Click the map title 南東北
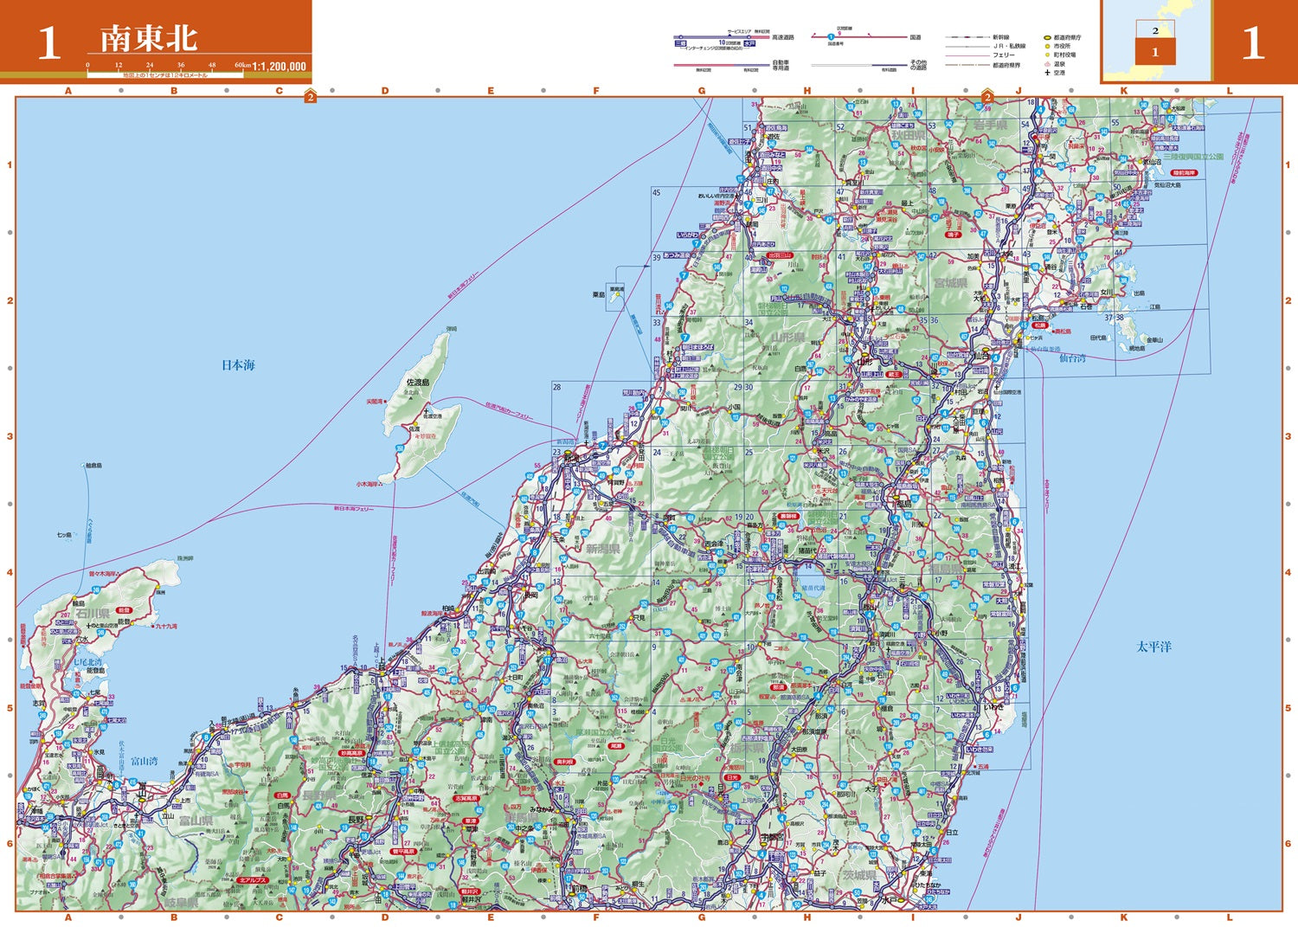148,39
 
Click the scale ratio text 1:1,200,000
279,66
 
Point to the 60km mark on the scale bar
242,65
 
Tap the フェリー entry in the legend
1004,55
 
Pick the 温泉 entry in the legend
1060,64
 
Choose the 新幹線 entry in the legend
1003,37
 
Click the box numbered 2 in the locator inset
1154,30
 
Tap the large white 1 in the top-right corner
1252,43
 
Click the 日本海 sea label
238,365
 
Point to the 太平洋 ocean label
1153,647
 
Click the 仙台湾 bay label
1072,357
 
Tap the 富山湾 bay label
145,761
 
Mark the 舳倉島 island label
93,466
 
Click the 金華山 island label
1154,340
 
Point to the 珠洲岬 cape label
185,558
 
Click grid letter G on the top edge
702,90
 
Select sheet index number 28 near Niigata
556,387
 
